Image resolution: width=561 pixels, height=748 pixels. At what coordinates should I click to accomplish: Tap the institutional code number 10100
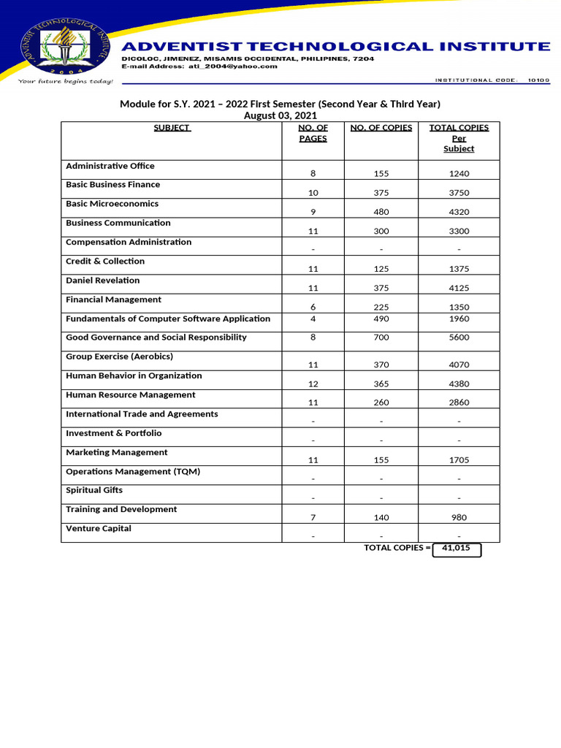pos(538,80)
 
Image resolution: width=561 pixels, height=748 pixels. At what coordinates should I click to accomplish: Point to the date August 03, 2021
pos(280,115)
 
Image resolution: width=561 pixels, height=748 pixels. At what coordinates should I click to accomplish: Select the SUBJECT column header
pos(172,128)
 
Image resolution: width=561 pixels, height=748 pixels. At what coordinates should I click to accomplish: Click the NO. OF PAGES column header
pos(313,133)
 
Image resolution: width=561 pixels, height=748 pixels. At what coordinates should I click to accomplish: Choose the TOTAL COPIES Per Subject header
pos(459,138)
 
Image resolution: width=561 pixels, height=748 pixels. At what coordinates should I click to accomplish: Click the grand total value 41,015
pos(457,548)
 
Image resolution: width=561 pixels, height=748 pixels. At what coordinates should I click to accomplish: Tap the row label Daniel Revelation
pos(103,280)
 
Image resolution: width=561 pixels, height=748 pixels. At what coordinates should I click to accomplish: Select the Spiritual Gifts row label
pos(94,490)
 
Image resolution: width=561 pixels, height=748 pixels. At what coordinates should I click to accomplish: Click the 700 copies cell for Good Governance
pos(381,337)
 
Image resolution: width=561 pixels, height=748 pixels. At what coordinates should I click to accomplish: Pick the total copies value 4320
pos(459,213)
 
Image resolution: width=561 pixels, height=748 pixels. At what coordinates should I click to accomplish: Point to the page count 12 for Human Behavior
pos(313,384)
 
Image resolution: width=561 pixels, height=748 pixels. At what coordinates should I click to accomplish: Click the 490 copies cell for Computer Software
pos(381,318)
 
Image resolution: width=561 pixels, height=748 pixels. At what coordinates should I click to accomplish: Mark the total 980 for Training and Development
pos(459,518)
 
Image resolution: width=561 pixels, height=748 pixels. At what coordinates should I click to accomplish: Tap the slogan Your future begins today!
pos(66,81)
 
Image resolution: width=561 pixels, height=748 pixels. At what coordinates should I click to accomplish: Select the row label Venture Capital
pos(99,529)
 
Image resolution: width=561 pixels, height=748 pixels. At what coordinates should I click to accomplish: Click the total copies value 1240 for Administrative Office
pos(459,174)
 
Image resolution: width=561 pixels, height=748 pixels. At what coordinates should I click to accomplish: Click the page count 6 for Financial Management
pos(313,308)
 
